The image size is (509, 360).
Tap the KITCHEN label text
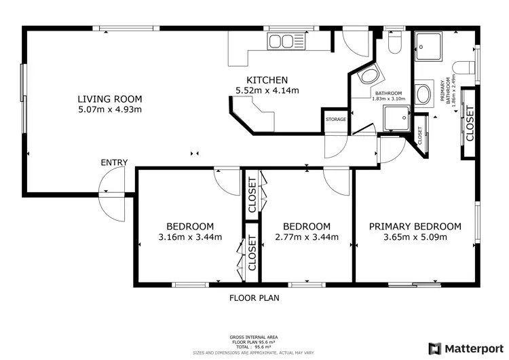click(x=267, y=79)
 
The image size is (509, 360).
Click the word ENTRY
click(x=114, y=162)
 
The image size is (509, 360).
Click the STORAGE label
click(x=335, y=120)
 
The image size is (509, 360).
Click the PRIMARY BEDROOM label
click(x=415, y=226)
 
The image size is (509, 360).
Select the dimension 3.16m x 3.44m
click(x=190, y=238)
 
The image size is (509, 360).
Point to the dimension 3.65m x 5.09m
click(x=415, y=238)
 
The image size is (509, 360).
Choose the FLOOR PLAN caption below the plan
click(x=254, y=298)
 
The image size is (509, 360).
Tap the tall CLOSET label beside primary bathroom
click(x=470, y=124)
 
